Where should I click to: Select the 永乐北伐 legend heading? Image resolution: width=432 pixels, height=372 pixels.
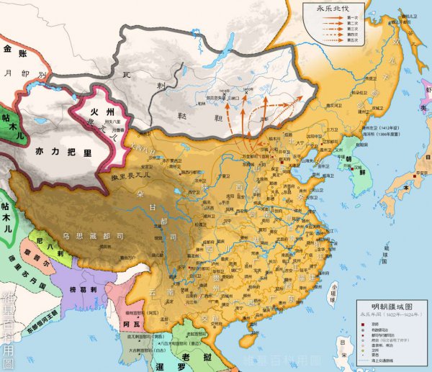326,9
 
